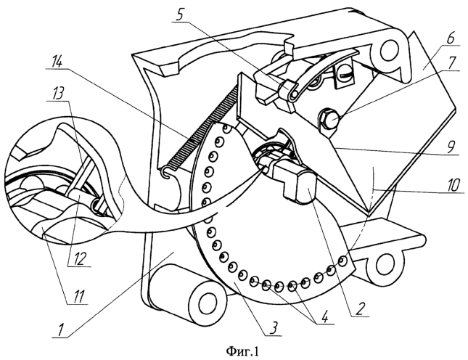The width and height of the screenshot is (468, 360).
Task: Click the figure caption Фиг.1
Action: pyautogui.click(x=235, y=351)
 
